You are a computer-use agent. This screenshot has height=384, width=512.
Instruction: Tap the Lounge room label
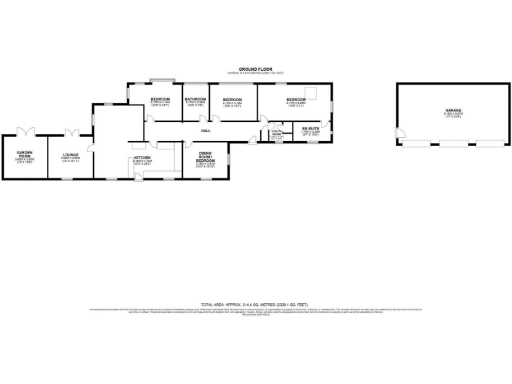[x=71, y=155]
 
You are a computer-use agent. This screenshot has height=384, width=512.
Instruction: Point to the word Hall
[x=205, y=130]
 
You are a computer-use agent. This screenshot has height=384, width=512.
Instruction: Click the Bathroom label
[x=195, y=101]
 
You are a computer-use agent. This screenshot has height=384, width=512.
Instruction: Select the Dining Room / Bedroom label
[x=204, y=160]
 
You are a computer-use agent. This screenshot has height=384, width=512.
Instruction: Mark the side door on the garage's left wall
[x=399, y=133]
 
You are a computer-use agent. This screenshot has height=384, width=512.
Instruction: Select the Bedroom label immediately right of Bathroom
[x=232, y=101]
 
